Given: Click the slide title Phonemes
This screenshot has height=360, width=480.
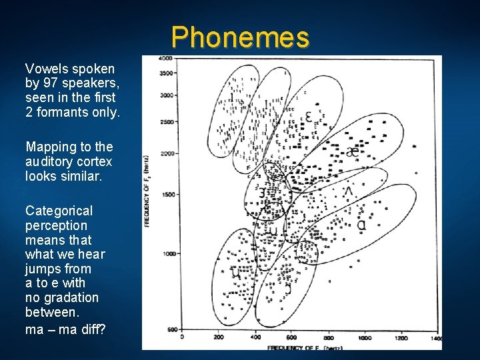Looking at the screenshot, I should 240,38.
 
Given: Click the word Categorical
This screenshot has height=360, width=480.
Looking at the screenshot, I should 59,211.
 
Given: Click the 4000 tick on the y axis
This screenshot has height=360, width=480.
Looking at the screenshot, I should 166,59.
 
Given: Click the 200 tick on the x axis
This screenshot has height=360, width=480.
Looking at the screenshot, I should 218,338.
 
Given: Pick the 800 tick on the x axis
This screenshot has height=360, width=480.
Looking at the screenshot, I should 328,338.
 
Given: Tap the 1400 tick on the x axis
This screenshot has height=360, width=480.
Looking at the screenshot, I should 435,338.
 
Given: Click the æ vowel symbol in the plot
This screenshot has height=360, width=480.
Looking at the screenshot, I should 353,151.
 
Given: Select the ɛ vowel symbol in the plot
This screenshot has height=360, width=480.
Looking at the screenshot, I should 307,117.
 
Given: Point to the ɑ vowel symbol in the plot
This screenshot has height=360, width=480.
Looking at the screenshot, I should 361,225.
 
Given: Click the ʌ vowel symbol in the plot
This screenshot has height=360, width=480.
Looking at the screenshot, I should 347,192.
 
